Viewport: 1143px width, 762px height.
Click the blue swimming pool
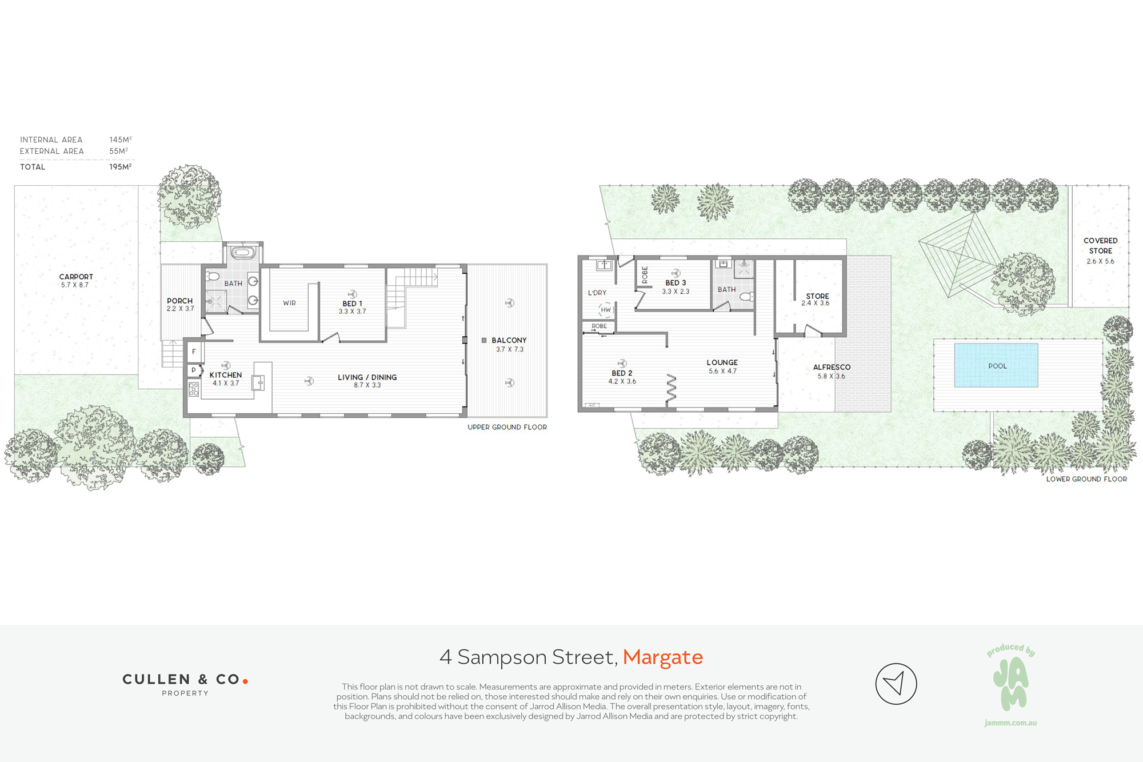coord(996,365)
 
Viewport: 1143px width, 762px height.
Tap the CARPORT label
coord(76,277)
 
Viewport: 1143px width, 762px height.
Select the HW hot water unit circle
coord(606,310)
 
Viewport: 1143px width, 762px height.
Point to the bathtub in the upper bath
coord(243,252)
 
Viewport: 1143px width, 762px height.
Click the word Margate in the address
coord(663,657)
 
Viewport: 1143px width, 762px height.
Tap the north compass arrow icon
coord(896,684)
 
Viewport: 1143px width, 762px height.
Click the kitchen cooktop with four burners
coord(194,389)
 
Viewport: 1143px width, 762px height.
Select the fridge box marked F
coord(194,352)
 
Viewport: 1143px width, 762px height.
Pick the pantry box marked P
coord(194,370)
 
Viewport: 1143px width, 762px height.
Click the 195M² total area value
coord(121,167)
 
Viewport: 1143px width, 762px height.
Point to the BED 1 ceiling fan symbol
coord(352,294)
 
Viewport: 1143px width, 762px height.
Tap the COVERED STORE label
coord(1100,246)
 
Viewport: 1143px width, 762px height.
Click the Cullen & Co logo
coord(185,684)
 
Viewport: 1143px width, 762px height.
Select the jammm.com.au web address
coord(1010,723)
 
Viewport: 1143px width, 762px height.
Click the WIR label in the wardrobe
coord(289,303)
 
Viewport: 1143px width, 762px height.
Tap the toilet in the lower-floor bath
coord(747,297)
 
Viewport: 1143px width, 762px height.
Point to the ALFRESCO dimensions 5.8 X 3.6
coord(831,376)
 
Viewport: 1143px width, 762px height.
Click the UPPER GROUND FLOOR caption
coord(507,427)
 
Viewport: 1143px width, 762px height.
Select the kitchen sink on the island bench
coord(258,382)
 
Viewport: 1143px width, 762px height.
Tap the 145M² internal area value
coord(121,139)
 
